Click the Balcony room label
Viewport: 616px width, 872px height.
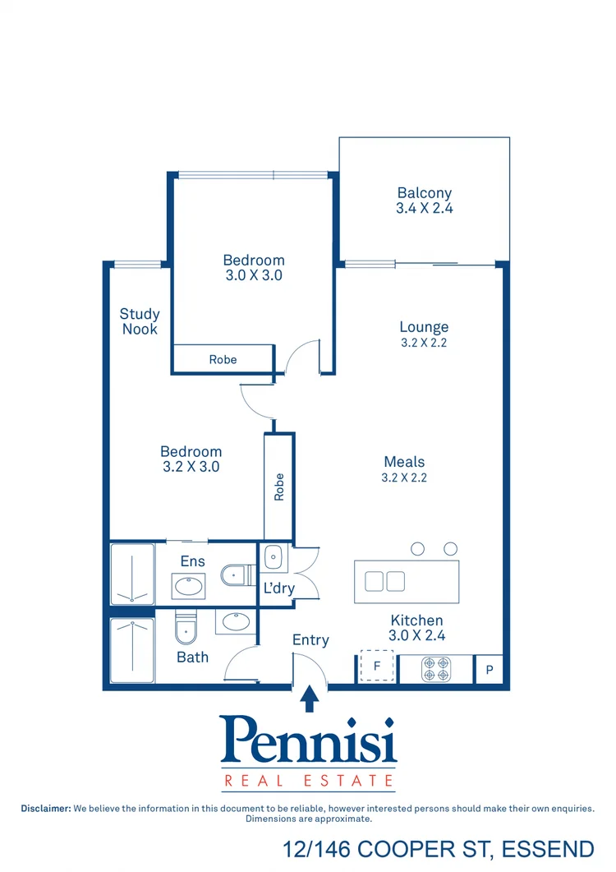tap(425, 193)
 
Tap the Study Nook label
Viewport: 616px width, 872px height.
tap(140, 321)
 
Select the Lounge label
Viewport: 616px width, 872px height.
tap(424, 327)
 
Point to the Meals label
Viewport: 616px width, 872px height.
tap(404, 462)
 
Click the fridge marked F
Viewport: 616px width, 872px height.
tap(377, 667)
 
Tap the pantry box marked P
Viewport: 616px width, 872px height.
tap(490, 670)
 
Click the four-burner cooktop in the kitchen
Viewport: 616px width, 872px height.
tap(434, 669)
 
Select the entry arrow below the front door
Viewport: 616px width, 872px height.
tap(309, 699)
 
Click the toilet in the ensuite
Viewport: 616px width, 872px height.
tap(236, 574)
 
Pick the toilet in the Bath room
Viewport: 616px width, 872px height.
tap(186, 630)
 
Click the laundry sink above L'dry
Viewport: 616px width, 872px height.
tap(273, 558)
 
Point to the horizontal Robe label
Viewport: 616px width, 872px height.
tap(223, 359)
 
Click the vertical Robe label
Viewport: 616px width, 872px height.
tap(279, 487)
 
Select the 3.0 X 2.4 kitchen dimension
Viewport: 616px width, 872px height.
tap(416, 635)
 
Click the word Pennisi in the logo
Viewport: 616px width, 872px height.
tap(308, 740)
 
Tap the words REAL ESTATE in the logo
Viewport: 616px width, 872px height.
tap(308, 779)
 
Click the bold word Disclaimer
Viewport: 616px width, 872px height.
tap(46, 809)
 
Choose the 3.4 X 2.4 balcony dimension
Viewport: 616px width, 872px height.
tap(425, 209)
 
